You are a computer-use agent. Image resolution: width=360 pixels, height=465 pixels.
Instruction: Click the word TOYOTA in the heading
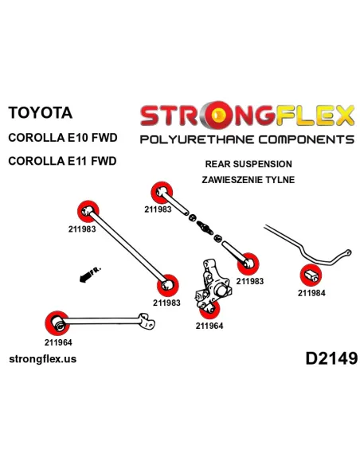tap(41, 113)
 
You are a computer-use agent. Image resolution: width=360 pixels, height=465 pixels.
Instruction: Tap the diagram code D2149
tap(331, 358)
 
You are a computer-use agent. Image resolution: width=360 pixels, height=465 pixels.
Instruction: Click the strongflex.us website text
tap(43, 359)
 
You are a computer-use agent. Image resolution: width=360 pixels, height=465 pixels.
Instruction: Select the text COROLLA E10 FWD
tap(63, 138)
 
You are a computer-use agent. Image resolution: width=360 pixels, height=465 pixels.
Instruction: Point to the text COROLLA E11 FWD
tap(62, 161)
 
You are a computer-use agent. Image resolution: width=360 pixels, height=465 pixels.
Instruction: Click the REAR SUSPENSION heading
tap(248, 164)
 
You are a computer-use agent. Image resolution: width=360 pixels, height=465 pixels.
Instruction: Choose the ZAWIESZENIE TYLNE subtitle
tap(248, 180)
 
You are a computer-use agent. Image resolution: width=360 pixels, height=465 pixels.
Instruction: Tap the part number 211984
tap(311, 293)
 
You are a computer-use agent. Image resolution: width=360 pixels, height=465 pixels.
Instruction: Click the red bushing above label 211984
tap(311, 275)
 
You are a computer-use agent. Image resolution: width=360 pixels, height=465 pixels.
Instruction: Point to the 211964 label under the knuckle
tap(209, 326)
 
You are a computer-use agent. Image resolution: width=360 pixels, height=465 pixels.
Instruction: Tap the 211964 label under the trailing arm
tap(58, 342)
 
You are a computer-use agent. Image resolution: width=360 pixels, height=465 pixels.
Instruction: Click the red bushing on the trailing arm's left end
tap(57, 323)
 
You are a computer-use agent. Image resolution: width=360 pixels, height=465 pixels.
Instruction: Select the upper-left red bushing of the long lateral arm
tap(88, 212)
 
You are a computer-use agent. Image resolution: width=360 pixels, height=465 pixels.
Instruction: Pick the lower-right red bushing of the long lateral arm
tap(167, 285)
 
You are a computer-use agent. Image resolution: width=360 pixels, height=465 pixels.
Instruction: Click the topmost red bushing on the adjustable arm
tap(162, 192)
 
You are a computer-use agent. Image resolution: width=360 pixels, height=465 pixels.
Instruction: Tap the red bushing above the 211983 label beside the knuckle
tap(248, 264)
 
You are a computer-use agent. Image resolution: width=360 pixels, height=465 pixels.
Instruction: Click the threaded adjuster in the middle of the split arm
tap(205, 227)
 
